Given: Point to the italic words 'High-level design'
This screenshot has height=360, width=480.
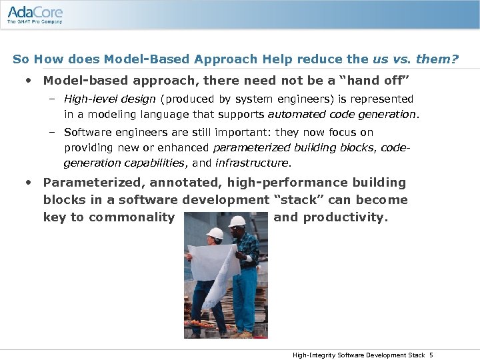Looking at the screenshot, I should [x=110, y=99].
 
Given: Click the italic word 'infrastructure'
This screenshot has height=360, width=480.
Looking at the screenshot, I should [x=253, y=163].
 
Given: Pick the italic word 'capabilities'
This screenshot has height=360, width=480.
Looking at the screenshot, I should [x=157, y=163].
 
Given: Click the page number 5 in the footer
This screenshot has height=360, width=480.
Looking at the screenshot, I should [x=431, y=355].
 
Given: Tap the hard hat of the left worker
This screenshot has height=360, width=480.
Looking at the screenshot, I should [x=214, y=233].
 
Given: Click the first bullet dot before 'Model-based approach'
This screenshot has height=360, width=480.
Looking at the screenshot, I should [x=28, y=81].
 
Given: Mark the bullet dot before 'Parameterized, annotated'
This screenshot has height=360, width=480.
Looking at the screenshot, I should [x=28, y=183].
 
